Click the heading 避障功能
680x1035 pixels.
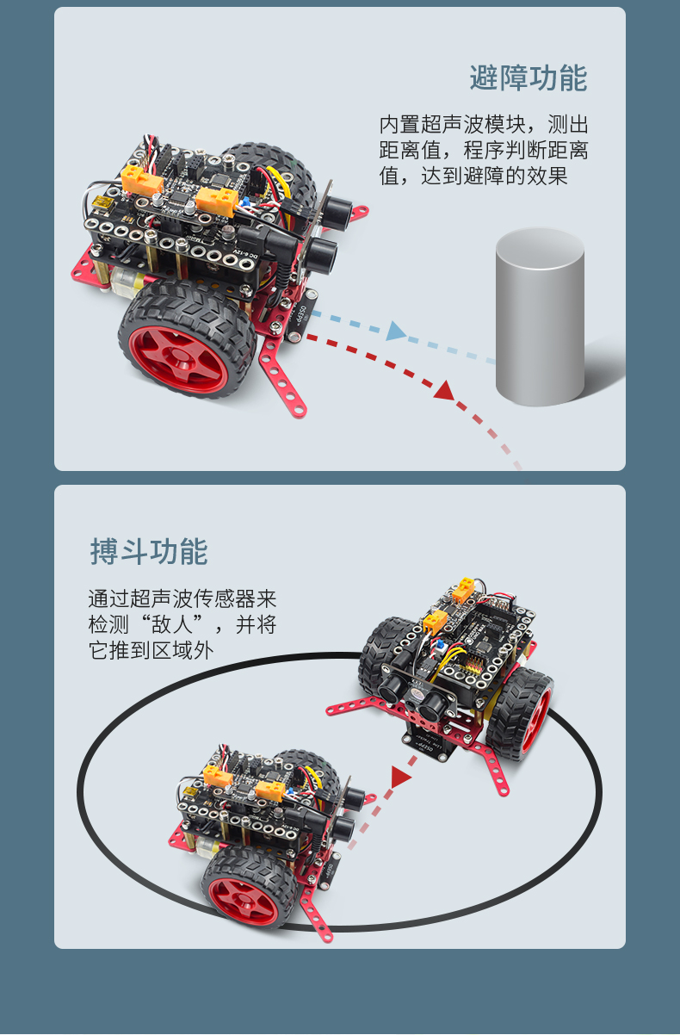(x=529, y=77)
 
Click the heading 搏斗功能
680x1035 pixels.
(x=149, y=551)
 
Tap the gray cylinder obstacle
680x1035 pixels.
(x=540, y=317)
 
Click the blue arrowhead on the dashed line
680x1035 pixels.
(x=396, y=331)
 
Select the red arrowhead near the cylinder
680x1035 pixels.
(x=444, y=390)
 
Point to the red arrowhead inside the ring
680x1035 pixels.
(x=400, y=777)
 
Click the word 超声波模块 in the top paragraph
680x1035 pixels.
(x=473, y=124)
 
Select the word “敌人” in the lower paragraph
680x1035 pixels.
(x=172, y=624)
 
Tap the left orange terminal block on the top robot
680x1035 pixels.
(x=141, y=179)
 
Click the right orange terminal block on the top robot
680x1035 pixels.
(x=217, y=201)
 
